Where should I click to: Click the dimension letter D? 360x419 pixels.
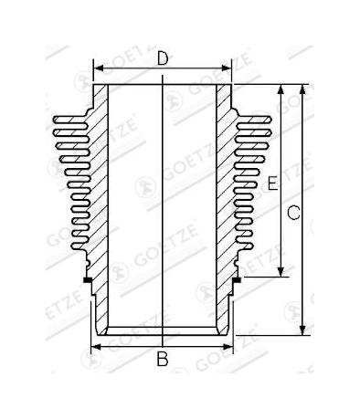(x=163, y=58)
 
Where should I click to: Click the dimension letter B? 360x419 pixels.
(x=163, y=359)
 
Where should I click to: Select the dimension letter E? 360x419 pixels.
(x=273, y=183)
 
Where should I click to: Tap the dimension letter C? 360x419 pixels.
(x=293, y=213)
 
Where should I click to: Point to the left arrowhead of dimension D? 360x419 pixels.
(x=98, y=68)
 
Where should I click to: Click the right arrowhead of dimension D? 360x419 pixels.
(x=227, y=68)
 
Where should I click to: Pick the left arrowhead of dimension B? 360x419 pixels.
(x=96, y=347)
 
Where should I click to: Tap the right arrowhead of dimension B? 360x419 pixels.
(x=228, y=347)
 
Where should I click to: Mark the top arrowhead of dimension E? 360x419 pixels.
(x=281, y=89)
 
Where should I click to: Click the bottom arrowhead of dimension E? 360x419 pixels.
(x=281, y=271)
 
